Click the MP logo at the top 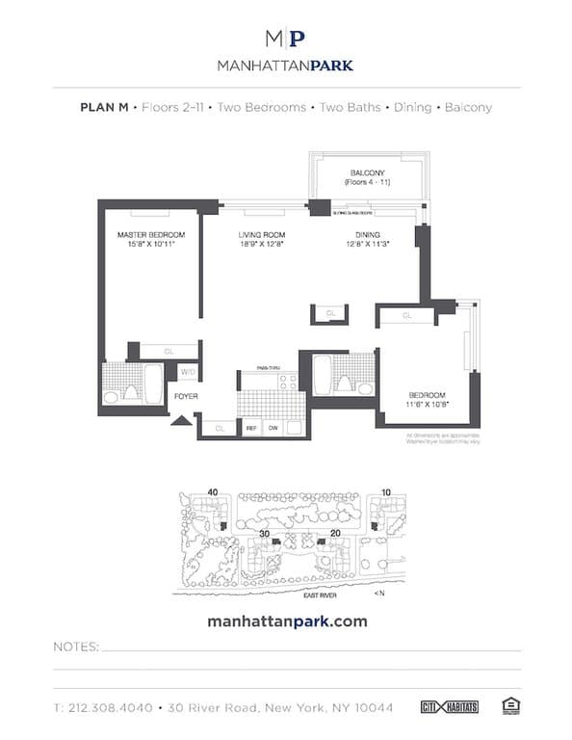(285, 39)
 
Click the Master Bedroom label (151, 235)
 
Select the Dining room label (367, 235)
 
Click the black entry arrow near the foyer (180, 420)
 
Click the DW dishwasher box (273, 428)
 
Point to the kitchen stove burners (287, 381)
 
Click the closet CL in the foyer (220, 428)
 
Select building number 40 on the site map (212, 492)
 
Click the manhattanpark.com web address (287, 621)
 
